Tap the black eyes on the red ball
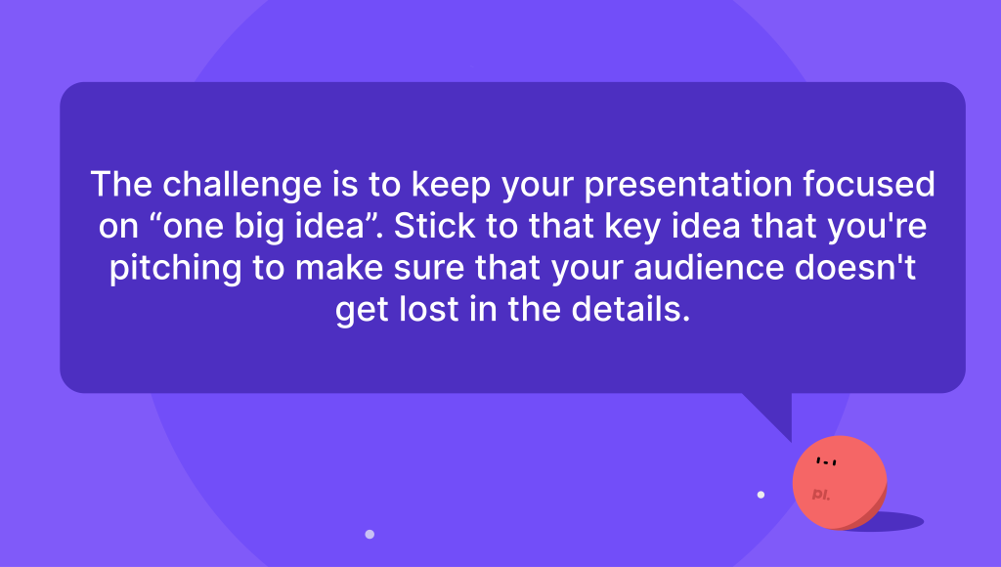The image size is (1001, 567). point(826,461)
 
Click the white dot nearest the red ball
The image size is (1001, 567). point(761,495)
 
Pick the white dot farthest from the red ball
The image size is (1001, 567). point(370,534)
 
